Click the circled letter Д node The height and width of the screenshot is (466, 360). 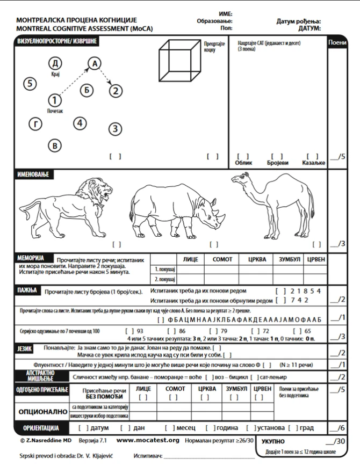(x=55, y=63)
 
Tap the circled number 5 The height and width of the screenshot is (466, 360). (x=30, y=84)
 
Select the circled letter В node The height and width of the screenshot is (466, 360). (x=54, y=145)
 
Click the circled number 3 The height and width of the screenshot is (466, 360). (x=115, y=129)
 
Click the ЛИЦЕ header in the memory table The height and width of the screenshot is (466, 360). (x=190, y=259)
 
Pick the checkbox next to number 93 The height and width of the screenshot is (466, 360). (x=129, y=331)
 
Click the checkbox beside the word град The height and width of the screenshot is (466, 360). (x=293, y=428)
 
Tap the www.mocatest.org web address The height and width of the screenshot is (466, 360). (x=148, y=440)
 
